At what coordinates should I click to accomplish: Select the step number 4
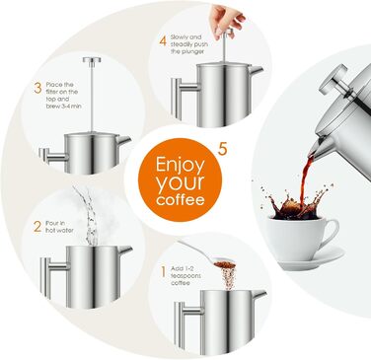[163, 41]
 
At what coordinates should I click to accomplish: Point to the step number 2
[37, 226]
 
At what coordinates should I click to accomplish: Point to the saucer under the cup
[296, 258]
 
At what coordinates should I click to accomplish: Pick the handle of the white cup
[330, 232]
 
